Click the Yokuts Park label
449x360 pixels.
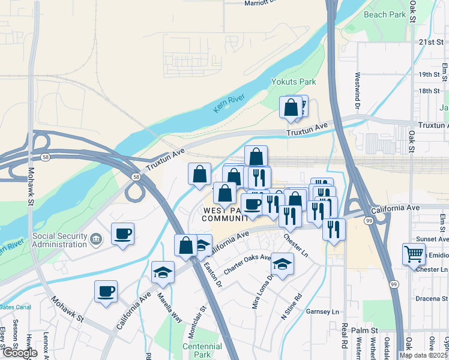(x=294, y=81)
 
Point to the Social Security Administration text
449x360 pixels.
(x=59, y=240)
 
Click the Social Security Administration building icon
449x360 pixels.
(x=95, y=240)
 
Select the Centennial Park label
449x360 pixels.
(x=189, y=352)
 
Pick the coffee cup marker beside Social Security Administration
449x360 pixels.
(x=122, y=233)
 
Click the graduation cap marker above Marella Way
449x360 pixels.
(x=163, y=272)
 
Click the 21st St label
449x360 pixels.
(x=430, y=42)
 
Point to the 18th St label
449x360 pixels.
(x=429, y=91)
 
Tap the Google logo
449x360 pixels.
(x=20, y=353)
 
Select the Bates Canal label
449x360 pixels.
(x=14, y=307)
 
